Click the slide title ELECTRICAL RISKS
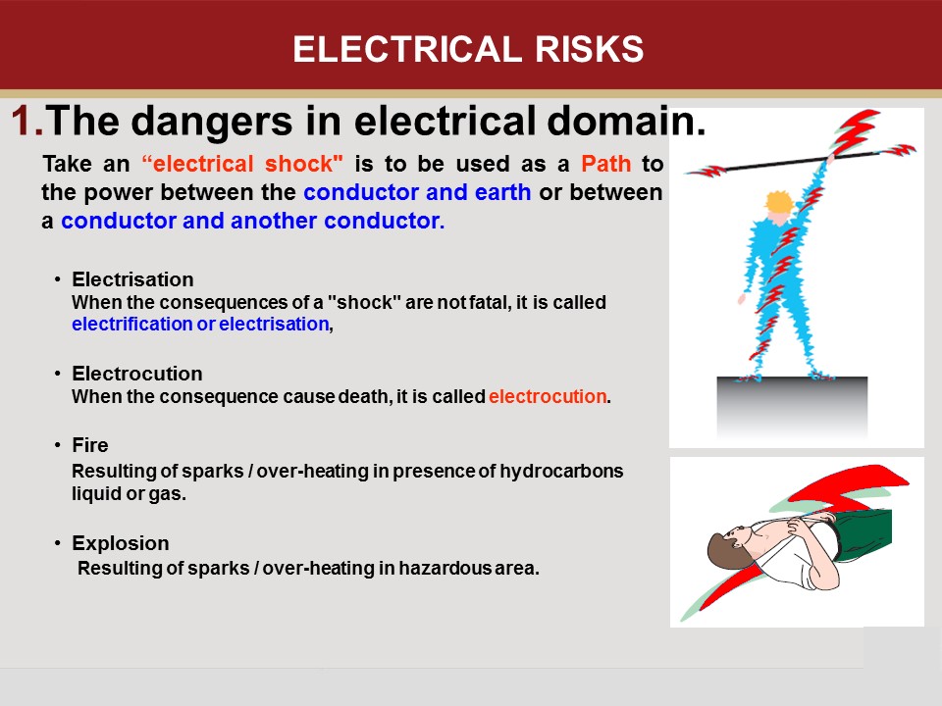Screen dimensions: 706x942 click(468, 49)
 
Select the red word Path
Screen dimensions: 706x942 click(605, 163)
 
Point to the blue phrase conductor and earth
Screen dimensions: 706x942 click(417, 192)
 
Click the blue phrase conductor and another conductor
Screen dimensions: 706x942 click(252, 222)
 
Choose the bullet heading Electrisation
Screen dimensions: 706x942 click(132, 280)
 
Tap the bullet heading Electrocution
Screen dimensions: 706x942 click(137, 374)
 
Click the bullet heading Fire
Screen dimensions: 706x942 click(90, 446)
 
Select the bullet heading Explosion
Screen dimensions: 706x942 click(121, 543)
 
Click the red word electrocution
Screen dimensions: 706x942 click(548, 397)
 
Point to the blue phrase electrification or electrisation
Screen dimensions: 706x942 click(200, 325)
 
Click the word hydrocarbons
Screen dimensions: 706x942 click(561, 471)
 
